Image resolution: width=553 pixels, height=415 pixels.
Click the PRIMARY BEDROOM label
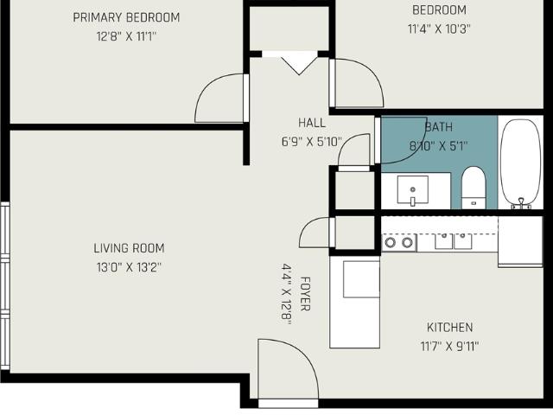click(126, 17)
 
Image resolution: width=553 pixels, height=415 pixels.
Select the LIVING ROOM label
click(129, 248)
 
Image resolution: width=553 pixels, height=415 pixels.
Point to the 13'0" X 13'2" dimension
click(129, 267)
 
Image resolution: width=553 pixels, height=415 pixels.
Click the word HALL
click(312, 123)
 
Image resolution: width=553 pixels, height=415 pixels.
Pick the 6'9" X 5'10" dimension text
click(312, 142)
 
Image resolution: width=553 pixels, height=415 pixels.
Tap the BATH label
click(438, 127)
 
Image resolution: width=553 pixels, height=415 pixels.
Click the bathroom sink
click(413, 189)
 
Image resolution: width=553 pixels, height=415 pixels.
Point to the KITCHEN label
click(449, 328)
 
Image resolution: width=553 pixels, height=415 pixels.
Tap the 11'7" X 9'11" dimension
click(449, 347)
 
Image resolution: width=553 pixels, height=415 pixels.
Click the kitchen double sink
click(453, 240)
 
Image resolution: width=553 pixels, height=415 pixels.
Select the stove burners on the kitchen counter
click(398, 242)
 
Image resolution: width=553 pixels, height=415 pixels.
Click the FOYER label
click(305, 294)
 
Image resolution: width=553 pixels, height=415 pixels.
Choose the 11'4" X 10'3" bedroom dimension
click(439, 29)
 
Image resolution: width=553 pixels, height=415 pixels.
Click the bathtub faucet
click(521, 204)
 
